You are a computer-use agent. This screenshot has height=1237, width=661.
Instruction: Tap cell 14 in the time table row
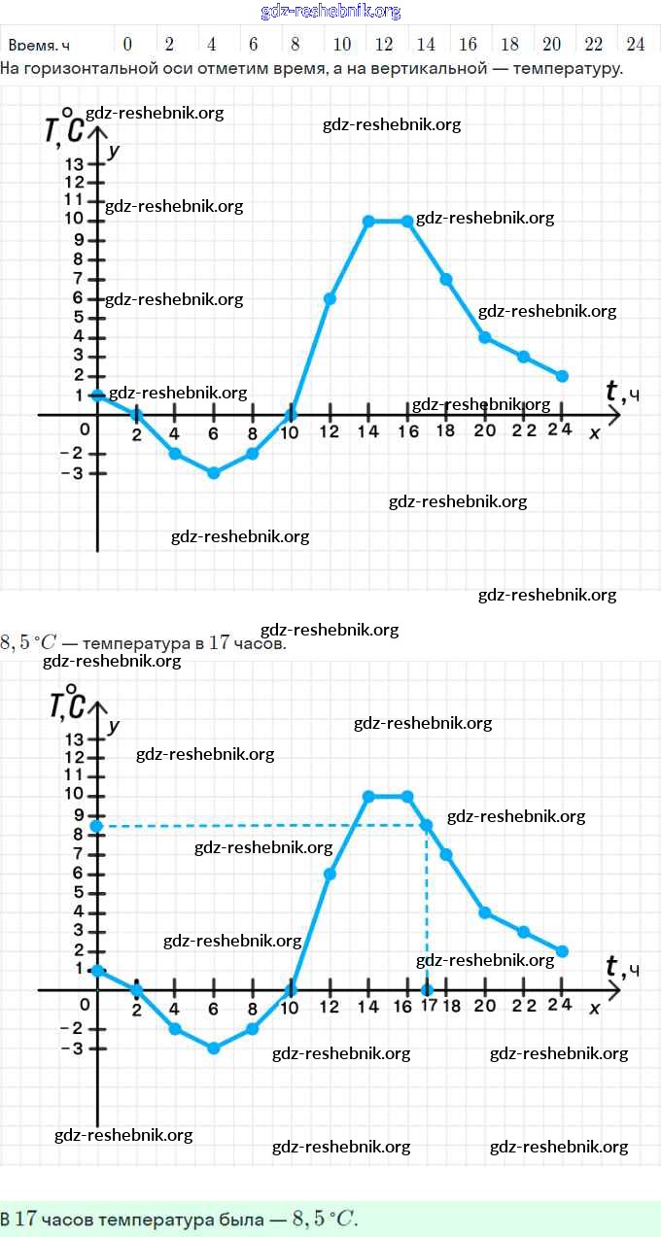(x=426, y=44)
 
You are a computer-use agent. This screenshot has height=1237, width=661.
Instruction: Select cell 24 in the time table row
(x=636, y=44)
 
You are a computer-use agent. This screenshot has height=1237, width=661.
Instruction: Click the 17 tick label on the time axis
(x=429, y=1006)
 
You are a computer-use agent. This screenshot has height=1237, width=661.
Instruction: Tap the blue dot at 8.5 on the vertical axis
(x=96, y=826)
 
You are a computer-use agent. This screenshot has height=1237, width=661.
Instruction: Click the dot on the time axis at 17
(x=427, y=989)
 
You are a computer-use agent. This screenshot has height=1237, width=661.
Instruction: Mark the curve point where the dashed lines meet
(x=427, y=825)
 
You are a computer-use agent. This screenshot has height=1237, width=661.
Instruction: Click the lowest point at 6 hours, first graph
(x=214, y=473)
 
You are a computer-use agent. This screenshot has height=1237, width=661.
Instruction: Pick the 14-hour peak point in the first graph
(x=368, y=222)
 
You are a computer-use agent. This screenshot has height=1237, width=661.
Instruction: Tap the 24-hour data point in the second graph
(x=563, y=951)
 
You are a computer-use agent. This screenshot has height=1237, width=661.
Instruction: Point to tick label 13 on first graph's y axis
(x=75, y=163)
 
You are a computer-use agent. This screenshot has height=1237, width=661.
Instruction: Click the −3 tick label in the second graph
(x=71, y=1048)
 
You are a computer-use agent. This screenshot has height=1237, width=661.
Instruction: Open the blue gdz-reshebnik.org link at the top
(x=330, y=12)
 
